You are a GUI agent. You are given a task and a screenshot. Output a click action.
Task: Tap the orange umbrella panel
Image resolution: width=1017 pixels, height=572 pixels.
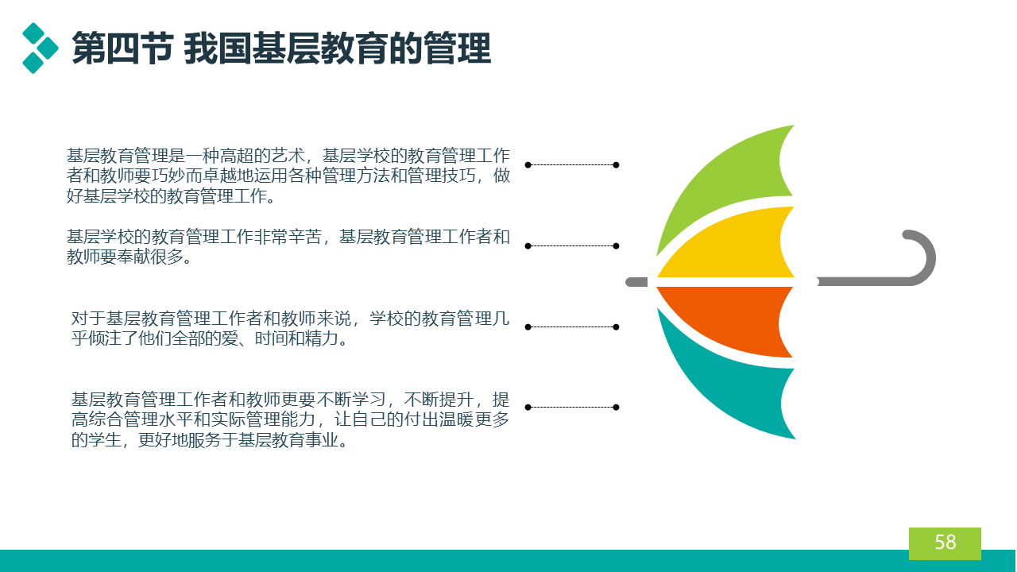(726, 318)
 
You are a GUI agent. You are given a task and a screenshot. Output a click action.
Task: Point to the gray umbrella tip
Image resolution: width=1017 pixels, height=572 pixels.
(636, 282)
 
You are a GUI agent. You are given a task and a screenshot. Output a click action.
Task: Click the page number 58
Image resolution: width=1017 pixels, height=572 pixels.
(945, 542)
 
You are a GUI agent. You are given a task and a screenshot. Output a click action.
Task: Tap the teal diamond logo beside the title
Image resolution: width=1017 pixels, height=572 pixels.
(40, 48)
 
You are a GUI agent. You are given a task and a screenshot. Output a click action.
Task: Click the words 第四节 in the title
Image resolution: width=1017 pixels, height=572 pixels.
(122, 48)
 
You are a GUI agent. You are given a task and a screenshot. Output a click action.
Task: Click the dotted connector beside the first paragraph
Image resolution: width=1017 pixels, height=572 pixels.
(571, 164)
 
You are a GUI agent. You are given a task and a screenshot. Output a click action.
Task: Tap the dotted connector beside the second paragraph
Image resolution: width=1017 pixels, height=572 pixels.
(571, 246)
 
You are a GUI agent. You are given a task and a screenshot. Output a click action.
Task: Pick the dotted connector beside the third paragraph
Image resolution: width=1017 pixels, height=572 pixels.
(571, 327)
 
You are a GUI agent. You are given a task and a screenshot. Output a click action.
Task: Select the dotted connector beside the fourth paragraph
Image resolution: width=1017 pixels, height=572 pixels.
(571, 408)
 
